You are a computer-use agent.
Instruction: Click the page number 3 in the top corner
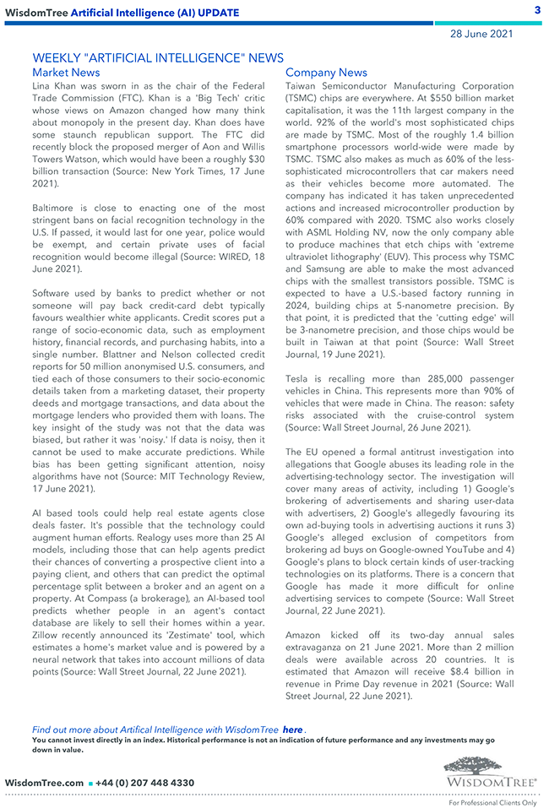[x=537, y=10]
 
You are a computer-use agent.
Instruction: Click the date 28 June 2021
[x=481, y=34]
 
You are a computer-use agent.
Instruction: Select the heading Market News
[x=66, y=73]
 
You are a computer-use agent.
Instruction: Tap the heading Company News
[x=326, y=73]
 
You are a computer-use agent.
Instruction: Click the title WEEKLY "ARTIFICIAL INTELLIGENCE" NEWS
[x=158, y=58]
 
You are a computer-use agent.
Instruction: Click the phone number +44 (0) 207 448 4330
[x=145, y=783]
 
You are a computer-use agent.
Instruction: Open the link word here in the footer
[x=292, y=729]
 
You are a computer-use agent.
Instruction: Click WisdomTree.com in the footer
[x=44, y=783]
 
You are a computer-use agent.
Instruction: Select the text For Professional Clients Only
[x=492, y=803]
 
